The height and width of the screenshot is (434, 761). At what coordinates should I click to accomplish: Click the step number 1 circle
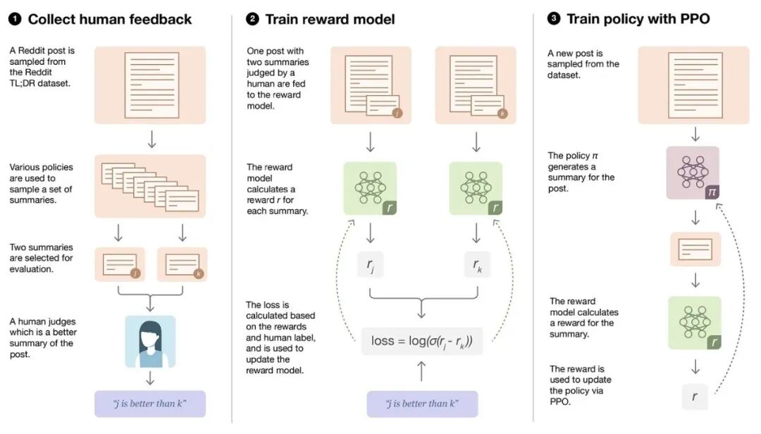(x=14, y=19)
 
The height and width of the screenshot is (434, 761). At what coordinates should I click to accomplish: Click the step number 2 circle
(x=252, y=19)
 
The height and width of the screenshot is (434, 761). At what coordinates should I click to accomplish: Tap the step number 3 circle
(x=554, y=19)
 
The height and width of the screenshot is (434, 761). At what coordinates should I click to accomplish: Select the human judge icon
(x=150, y=342)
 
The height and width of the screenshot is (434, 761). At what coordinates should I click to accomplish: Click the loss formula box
(x=422, y=341)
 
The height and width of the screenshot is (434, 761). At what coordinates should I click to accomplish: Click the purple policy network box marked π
(x=693, y=173)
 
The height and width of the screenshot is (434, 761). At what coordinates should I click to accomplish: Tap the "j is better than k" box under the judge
(x=150, y=404)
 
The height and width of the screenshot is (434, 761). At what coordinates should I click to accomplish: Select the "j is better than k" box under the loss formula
(x=422, y=404)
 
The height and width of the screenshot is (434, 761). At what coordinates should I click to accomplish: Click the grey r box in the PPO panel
(x=695, y=397)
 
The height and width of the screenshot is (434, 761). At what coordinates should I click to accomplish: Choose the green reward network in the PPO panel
(x=694, y=322)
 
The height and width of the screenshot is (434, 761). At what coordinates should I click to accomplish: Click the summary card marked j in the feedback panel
(x=120, y=264)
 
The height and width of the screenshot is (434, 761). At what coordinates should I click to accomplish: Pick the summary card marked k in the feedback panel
(x=182, y=264)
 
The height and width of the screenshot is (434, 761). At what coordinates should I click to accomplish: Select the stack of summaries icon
(x=150, y=186)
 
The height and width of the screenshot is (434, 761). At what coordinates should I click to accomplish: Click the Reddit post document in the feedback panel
(x=150, y=85)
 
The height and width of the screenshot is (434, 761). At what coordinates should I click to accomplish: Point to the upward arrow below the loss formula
(x=422, y=371)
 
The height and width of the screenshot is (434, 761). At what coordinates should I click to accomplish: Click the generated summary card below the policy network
(x=694, y=249)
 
